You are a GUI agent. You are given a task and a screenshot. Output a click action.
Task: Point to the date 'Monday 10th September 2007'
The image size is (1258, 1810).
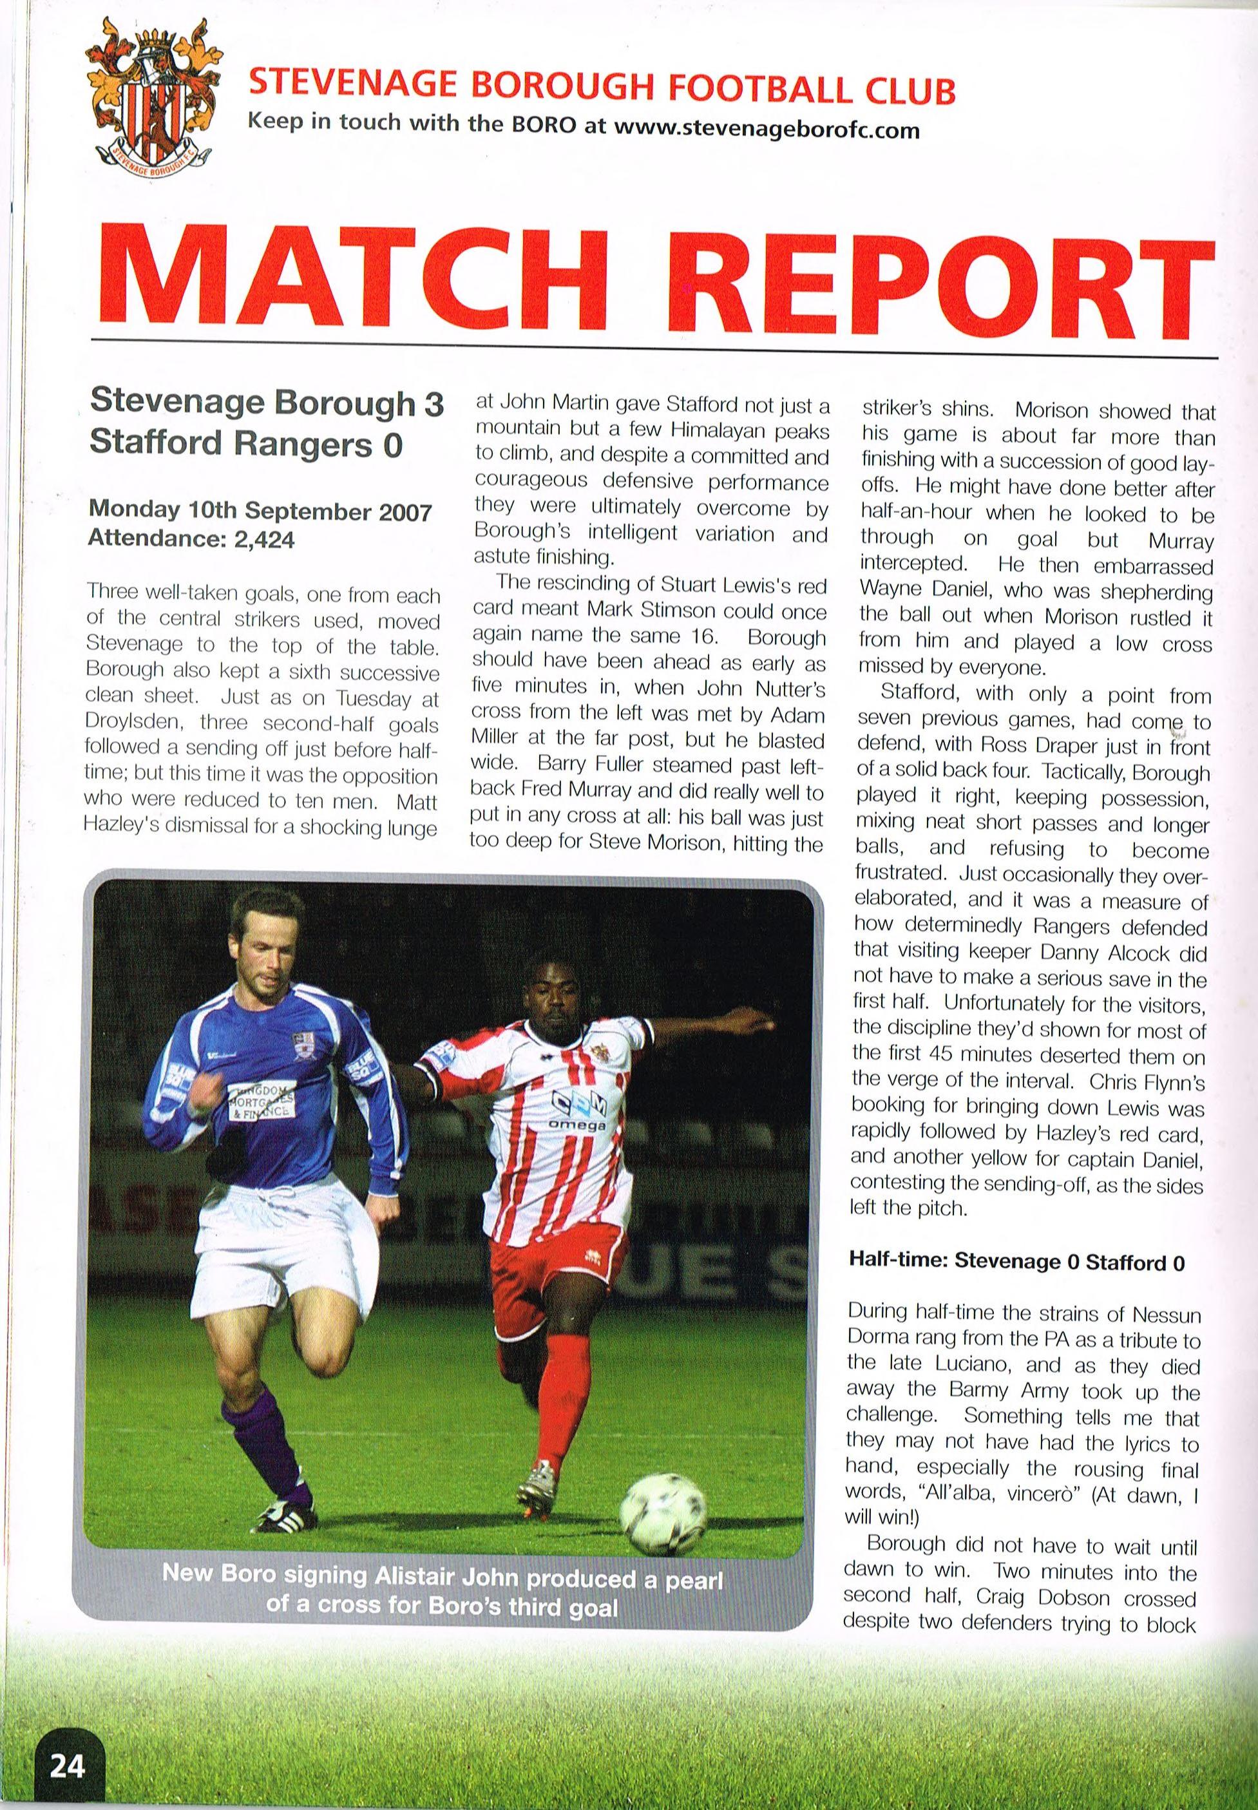(x=260, y=511)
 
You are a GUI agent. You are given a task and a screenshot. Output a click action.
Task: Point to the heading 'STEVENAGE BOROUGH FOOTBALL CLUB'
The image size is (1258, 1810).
(x=602, y=90)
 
